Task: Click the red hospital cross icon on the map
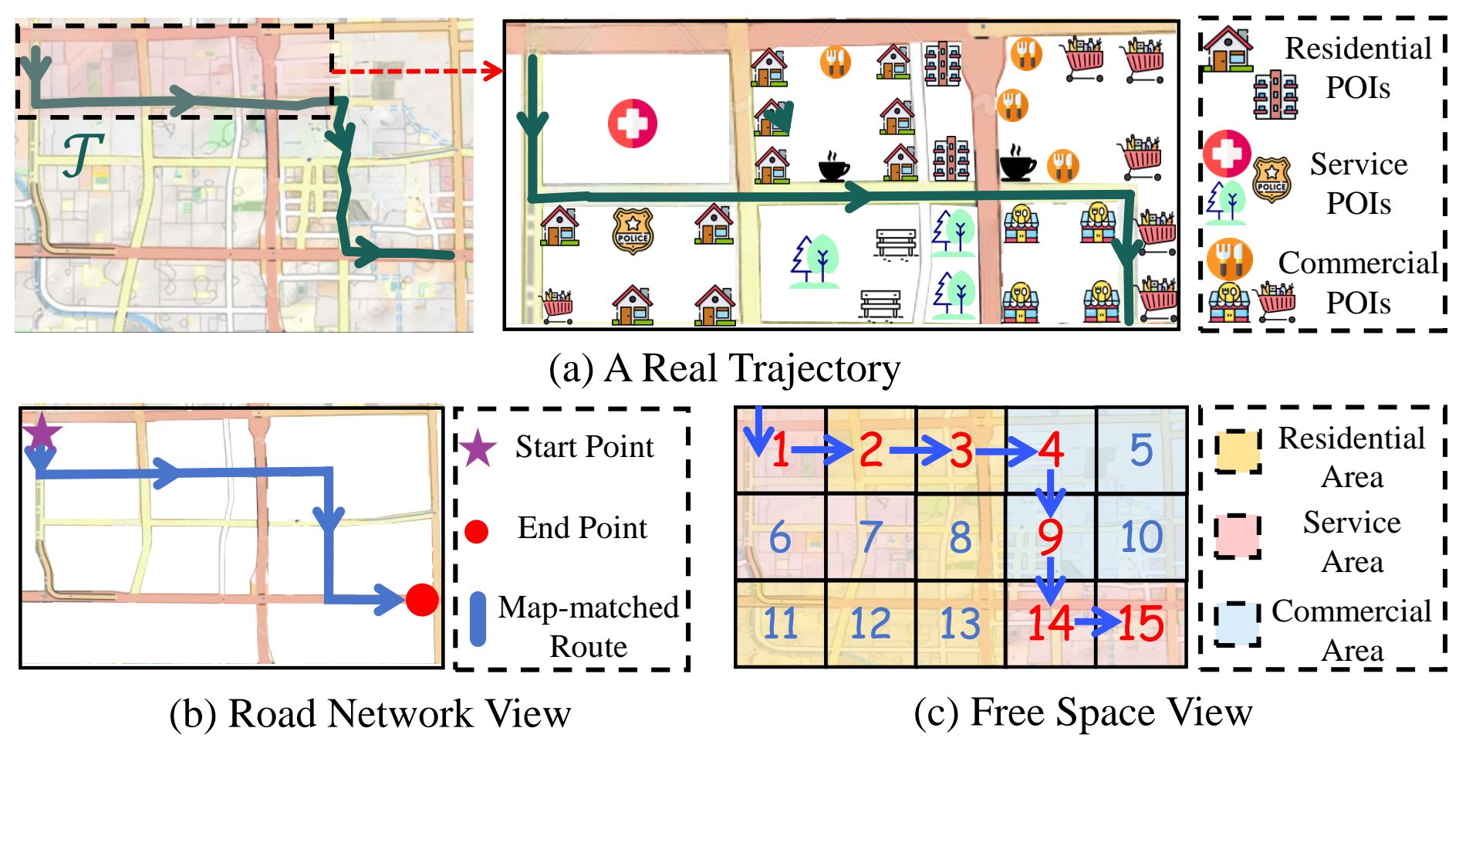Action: point(632,124)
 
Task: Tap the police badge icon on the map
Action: point(633,230)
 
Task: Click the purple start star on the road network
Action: point(42,432)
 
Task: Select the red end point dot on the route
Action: point(422,600)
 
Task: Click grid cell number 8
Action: point(961,537)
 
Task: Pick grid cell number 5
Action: point(1141,450)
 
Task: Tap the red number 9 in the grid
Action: point(1050,537)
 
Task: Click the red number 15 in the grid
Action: point(1140,624)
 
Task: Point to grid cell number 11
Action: point(780,624)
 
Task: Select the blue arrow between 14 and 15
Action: point(1095,621)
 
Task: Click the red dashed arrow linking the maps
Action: point(417,72)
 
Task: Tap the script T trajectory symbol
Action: point(82,155)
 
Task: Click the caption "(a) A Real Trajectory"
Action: point(724,368)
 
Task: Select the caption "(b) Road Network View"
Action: point(370,713)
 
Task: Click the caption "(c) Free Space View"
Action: point(1082,712)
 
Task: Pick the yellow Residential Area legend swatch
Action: point(1238,452)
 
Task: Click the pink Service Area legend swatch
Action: point(1238,536)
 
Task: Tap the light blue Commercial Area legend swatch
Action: point(1238,624)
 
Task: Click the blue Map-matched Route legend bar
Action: point(478,619)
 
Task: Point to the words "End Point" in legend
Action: point(583,528)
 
